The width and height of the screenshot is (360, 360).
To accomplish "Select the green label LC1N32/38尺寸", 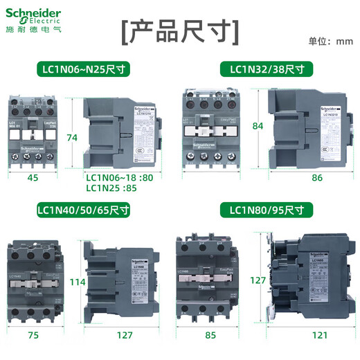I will (x=267, y=69).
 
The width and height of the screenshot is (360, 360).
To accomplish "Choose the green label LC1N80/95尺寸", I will (x=267, y=208).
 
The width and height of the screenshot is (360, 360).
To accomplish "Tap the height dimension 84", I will (x=259, y=125).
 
